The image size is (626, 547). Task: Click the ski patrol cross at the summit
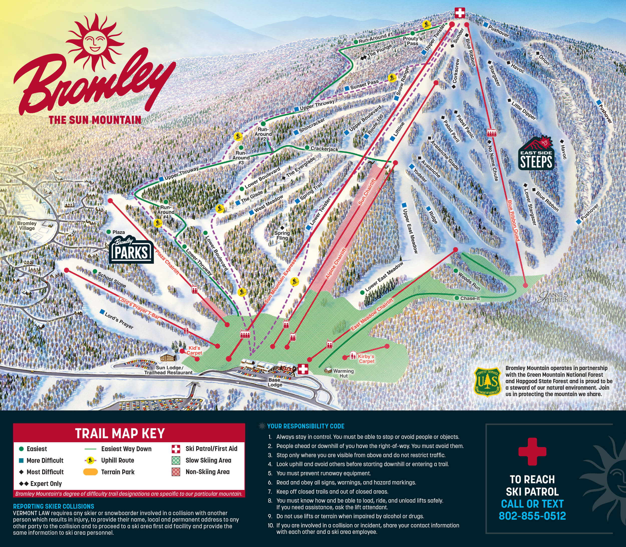460,13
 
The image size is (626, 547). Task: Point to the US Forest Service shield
487,381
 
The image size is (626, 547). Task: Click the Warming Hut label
343,373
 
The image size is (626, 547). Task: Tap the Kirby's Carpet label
366,359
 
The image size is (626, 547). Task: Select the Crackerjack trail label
324,149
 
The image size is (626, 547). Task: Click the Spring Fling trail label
282,235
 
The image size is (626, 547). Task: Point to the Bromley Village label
27,225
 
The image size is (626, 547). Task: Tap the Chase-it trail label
470,298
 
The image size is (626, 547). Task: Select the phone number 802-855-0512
532,516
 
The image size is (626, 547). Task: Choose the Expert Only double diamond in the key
24,484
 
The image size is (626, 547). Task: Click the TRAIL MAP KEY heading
120,433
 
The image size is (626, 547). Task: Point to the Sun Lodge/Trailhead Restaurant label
169,370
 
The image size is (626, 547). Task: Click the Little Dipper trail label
524,111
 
